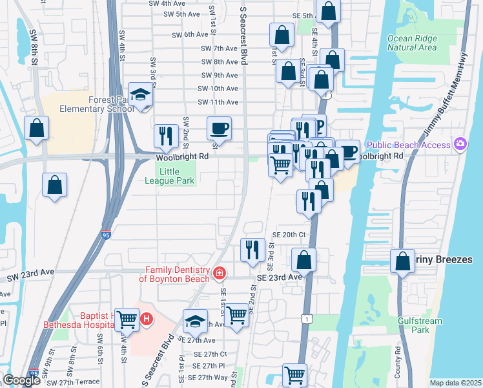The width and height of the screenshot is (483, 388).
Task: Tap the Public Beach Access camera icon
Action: point(460,144)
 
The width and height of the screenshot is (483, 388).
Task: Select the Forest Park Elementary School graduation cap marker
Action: point(139,95)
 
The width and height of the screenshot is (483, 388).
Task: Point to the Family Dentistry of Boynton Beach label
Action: point(178,274)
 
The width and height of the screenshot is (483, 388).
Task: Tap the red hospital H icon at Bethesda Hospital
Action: point(147,319)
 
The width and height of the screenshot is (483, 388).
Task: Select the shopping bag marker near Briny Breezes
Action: point(403,261)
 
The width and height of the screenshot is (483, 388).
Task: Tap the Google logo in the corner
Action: point(21,380)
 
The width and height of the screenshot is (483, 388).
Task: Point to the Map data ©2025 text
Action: point(455,383)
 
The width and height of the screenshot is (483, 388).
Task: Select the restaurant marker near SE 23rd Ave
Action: point(252,249)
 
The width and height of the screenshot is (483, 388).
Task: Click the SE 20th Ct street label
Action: point(289,235)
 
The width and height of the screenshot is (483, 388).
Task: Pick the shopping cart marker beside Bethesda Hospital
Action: point(127,319)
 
